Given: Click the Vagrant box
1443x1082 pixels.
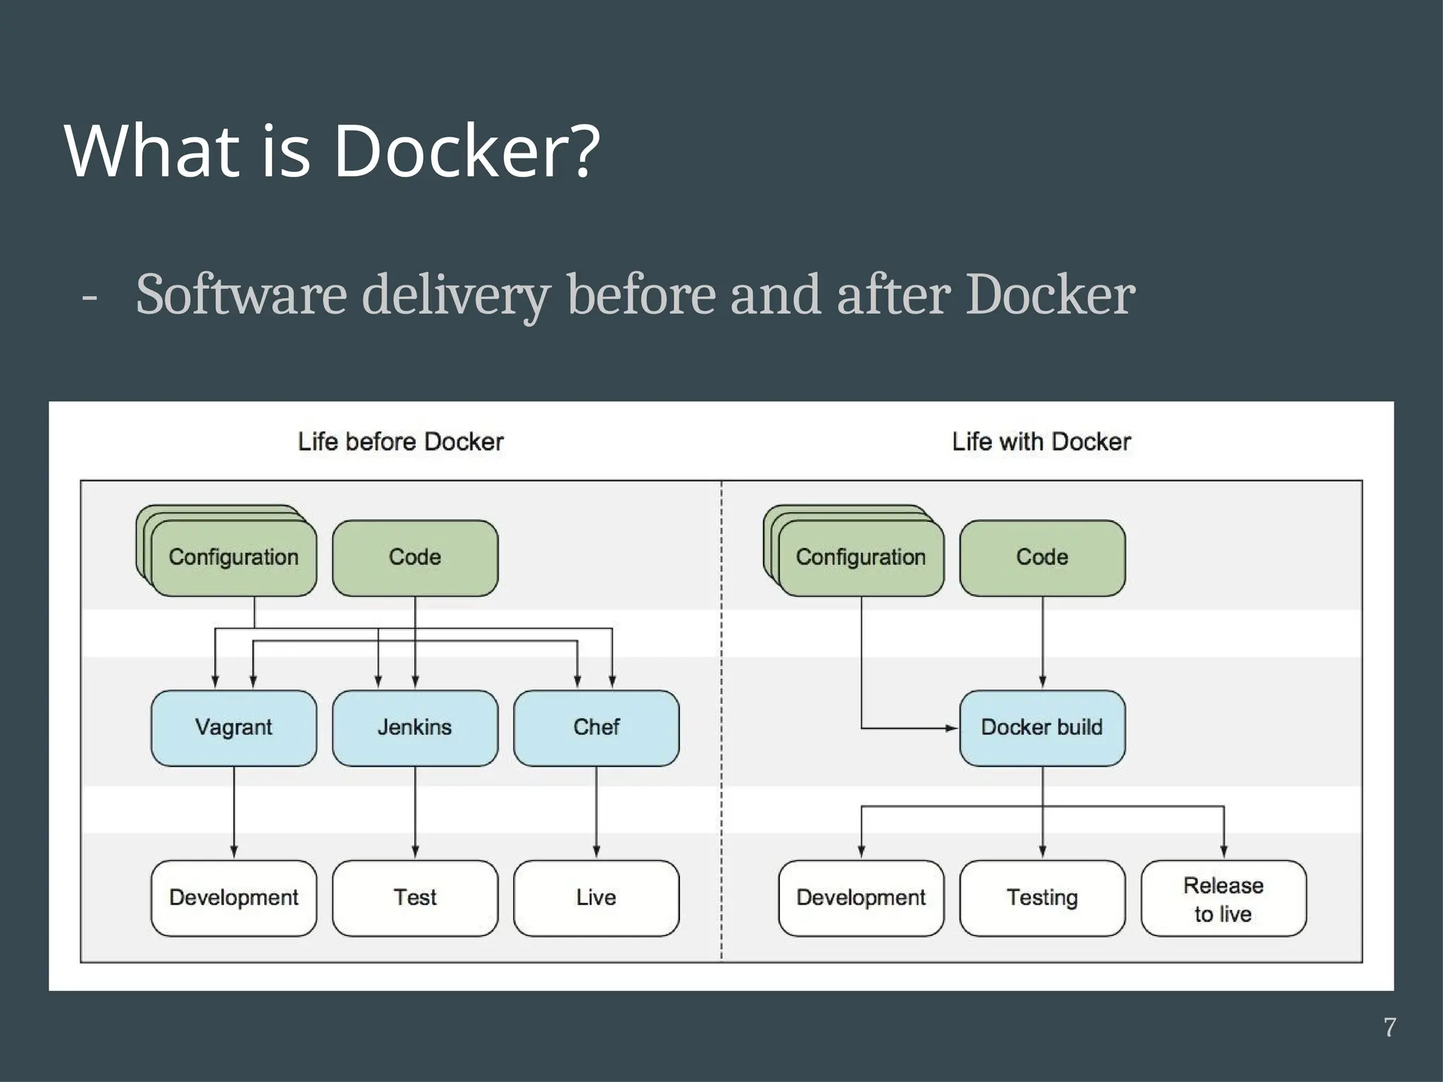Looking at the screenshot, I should point(233,728).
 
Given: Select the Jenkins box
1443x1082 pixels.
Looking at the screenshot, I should point(414,728).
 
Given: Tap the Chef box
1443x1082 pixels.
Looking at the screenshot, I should point(596,728).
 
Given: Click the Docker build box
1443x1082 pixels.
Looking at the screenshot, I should point(1041,728).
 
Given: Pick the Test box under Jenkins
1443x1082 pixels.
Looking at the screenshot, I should point(414,897).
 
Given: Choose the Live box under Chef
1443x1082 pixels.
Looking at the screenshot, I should point(596,897).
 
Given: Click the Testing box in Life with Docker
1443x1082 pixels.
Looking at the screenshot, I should point(1041,897).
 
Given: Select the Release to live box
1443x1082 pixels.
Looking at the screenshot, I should point(1223,898).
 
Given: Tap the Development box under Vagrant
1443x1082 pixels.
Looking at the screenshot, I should point(233,897).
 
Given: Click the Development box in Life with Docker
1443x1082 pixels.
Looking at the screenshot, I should point(860,897).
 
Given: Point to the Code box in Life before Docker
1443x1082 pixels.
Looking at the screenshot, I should point(414,557).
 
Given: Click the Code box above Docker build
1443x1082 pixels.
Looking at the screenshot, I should point(1041,557).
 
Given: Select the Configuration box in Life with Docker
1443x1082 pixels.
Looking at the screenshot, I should point(860,557).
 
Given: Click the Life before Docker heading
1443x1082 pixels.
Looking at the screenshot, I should point(400,442).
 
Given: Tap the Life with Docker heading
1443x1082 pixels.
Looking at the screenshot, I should point(1041,442).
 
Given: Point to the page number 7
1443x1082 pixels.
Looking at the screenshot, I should point(1389,1027).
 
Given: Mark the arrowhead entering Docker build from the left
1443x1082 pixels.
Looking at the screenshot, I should point(952,728).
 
